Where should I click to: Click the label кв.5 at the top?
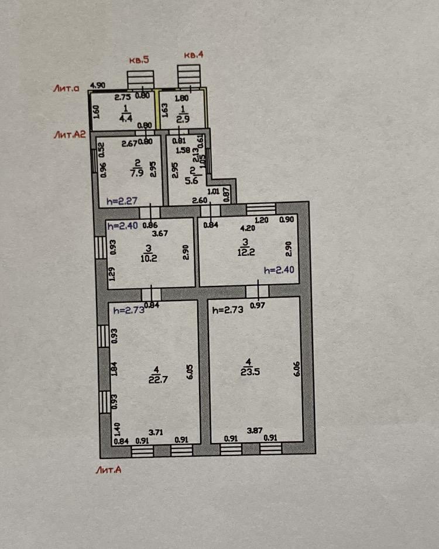[x=139, y=60]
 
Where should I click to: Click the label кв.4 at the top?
[x=194, y=55]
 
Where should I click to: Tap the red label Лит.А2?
[x=70, y=134]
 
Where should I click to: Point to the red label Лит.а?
[x=66, y=88]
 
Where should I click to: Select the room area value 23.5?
[x=250, y=371]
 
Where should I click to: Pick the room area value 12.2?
[x=246, y=252]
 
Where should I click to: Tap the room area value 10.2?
[x=149, y=258]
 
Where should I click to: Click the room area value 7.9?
[x=137, y=172]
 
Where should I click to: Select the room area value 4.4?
[x=125, y=118]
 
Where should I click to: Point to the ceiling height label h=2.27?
[x=122, y=201]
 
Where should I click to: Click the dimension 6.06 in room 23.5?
[x=297, y=369]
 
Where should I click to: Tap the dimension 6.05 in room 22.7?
[x=190, y=371]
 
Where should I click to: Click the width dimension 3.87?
[x=255, y=430]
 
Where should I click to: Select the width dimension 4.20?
[x=248, y=228]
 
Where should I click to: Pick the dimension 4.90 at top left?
[x=98, y=85]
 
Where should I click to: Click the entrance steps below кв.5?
[x=140, y=80]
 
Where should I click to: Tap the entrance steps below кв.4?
[x=189, y=75]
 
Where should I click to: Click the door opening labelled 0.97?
[x=258, y=291]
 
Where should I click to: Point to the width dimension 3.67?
[x=160, y=233]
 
